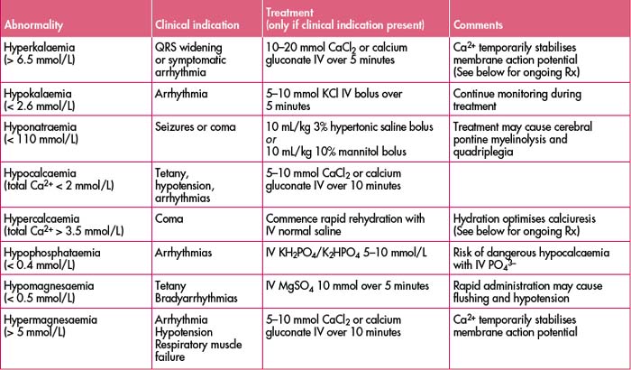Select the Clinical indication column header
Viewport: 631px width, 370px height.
click(197, 22)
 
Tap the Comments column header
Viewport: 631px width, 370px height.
click(479, 22)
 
